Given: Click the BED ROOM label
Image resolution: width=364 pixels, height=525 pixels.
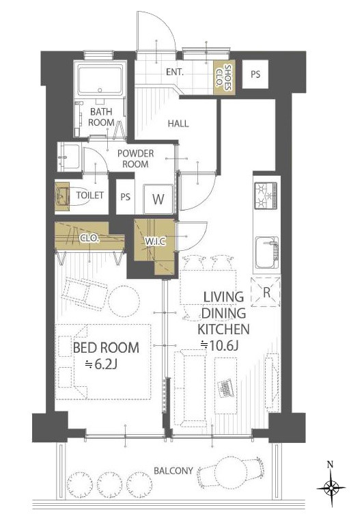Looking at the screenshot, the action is tap(106, 347).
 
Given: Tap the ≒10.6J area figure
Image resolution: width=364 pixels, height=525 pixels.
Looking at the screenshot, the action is tap(219, 345).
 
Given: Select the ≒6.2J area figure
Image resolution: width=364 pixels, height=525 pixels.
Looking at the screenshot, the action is tap(100, 364).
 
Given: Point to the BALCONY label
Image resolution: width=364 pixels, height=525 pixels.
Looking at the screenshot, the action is tap(173, 470).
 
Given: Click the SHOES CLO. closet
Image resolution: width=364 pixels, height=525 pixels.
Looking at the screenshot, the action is tap(224, 77).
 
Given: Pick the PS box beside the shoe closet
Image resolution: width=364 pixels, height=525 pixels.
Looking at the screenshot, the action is tap(255, 74).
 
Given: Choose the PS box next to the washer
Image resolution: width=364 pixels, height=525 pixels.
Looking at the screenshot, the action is tap(125, 197).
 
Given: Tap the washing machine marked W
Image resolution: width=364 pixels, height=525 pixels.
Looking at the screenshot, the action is tap(158, 199).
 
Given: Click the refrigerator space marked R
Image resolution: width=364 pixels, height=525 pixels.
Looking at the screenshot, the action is tap(266, 292).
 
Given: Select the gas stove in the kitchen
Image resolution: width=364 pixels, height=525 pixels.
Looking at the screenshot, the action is tap(266, 196).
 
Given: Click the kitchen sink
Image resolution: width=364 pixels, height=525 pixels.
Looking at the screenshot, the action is tap(266, 252).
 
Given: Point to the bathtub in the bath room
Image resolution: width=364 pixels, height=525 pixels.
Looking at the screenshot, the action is tap(100, 80).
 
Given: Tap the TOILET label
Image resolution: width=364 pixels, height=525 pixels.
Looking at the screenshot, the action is tap(89, 195).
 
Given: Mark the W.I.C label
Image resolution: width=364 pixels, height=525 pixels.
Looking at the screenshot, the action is tap(155, 241).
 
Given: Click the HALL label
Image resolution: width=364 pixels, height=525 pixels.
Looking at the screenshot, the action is tap(178, 124).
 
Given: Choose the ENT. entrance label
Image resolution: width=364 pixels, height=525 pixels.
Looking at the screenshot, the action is tap(175, 72).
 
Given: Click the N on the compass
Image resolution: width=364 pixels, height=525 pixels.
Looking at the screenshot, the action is tap(331, 464).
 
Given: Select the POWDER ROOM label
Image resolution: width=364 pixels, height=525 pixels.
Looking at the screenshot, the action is tap(135, 159).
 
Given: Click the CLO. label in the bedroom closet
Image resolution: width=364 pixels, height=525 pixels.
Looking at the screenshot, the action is tap(89, 239).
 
